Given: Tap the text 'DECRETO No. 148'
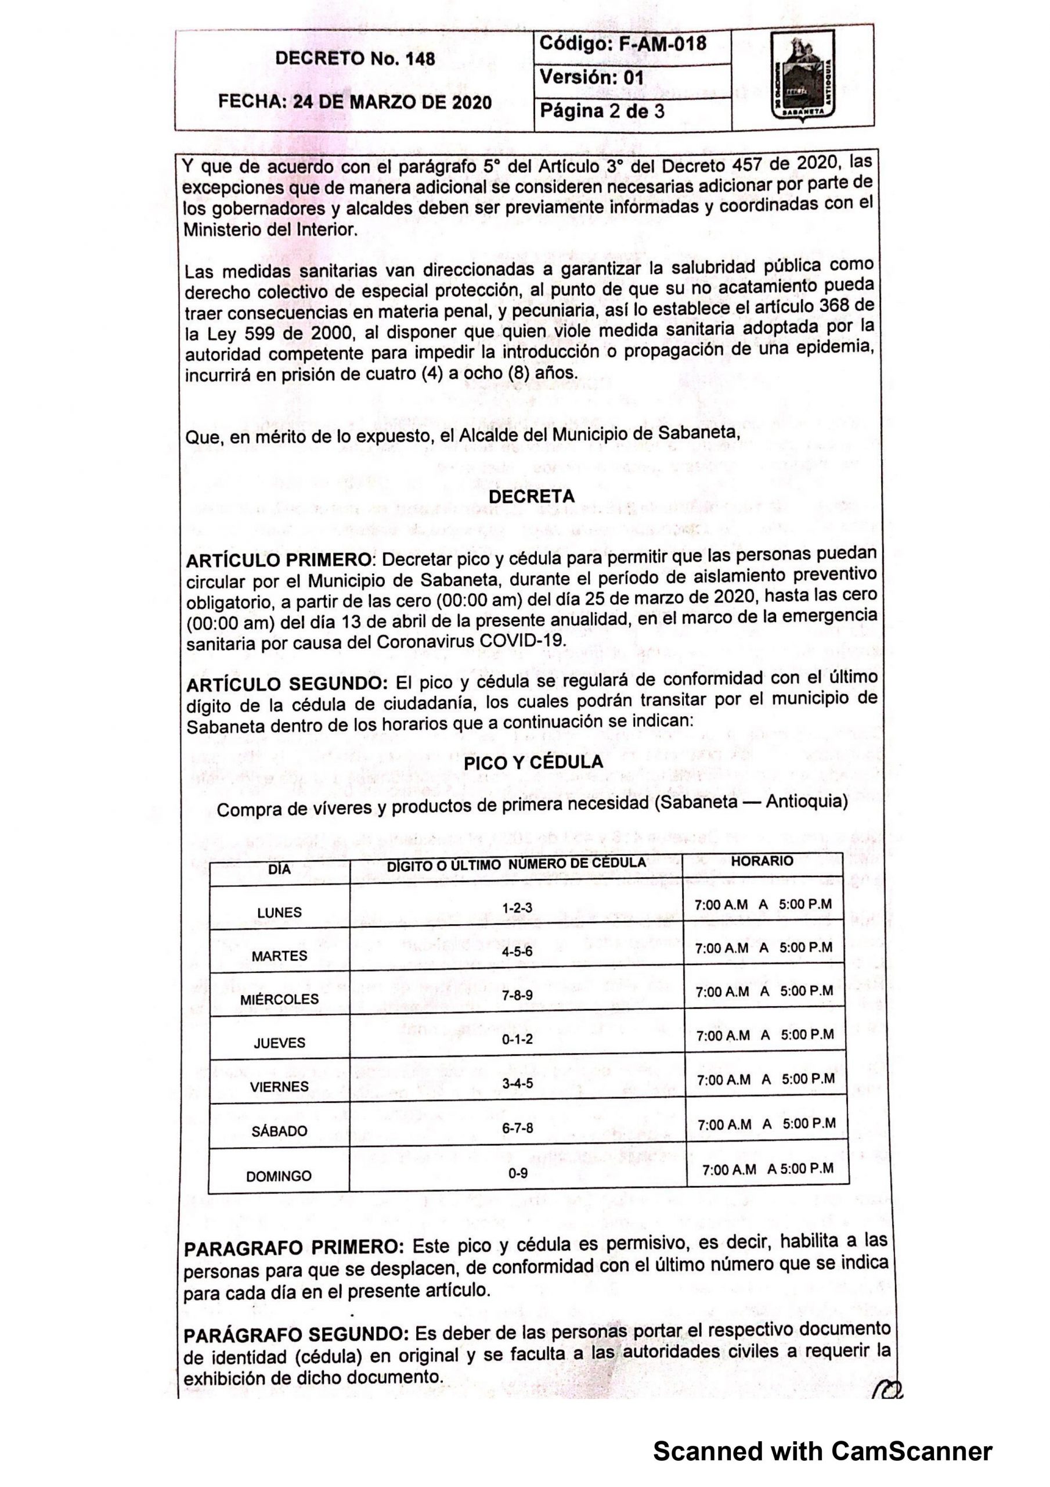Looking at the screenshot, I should click(x=355, y=59).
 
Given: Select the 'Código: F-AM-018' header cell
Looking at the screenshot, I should click(x=622, y=44).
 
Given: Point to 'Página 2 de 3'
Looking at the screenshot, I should click(x=602, y=111).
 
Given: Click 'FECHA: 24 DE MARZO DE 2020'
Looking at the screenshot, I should click(x=355, y=102).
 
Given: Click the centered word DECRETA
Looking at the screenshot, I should click(x=532, y=497).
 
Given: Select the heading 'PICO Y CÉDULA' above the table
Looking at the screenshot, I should click(x=533, y=762).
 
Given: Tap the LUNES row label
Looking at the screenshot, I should click(x=279, y=913).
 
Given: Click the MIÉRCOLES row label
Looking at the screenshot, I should click(x=279, y=999).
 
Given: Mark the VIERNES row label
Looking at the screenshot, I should click(x=279, y=1086).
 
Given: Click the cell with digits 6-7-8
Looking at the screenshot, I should click(x=517, y=1127).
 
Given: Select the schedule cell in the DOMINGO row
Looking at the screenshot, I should click(x=768, y=1169).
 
